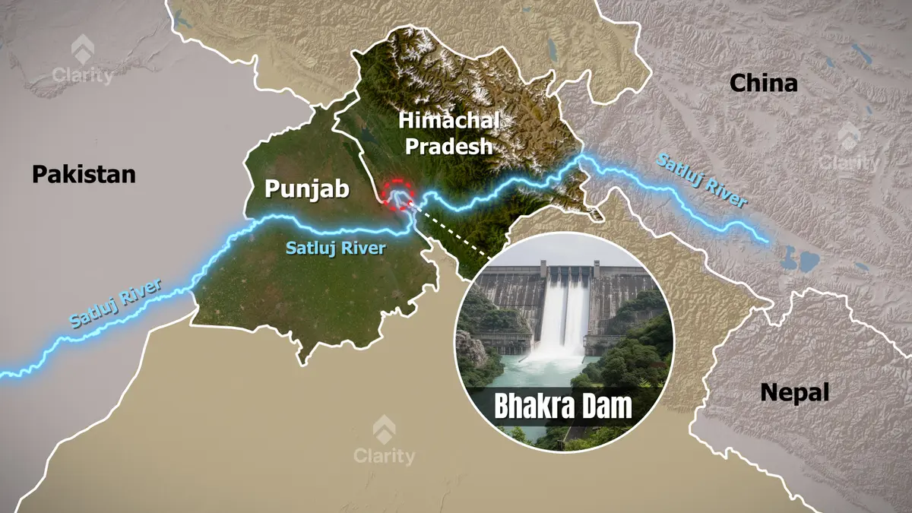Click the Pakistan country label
coord(84,175)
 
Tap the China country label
coord(764,83)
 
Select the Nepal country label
coord(794,393)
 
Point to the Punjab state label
coord(307,188)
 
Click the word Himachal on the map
coord(449,120)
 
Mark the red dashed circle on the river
coord(397,195)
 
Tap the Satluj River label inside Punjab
coord(336,248)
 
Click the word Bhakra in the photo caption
coord(531,407)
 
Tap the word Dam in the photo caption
coord(606,407)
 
